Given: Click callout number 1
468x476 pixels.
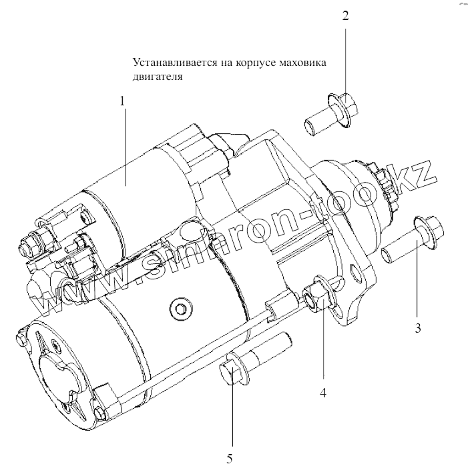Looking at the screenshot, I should click(122, 101).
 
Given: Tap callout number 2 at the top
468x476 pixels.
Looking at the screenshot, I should click(345, 16).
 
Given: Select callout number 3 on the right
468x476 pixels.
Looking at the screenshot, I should click(418, 327).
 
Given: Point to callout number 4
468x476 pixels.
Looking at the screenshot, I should click(322, 393).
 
